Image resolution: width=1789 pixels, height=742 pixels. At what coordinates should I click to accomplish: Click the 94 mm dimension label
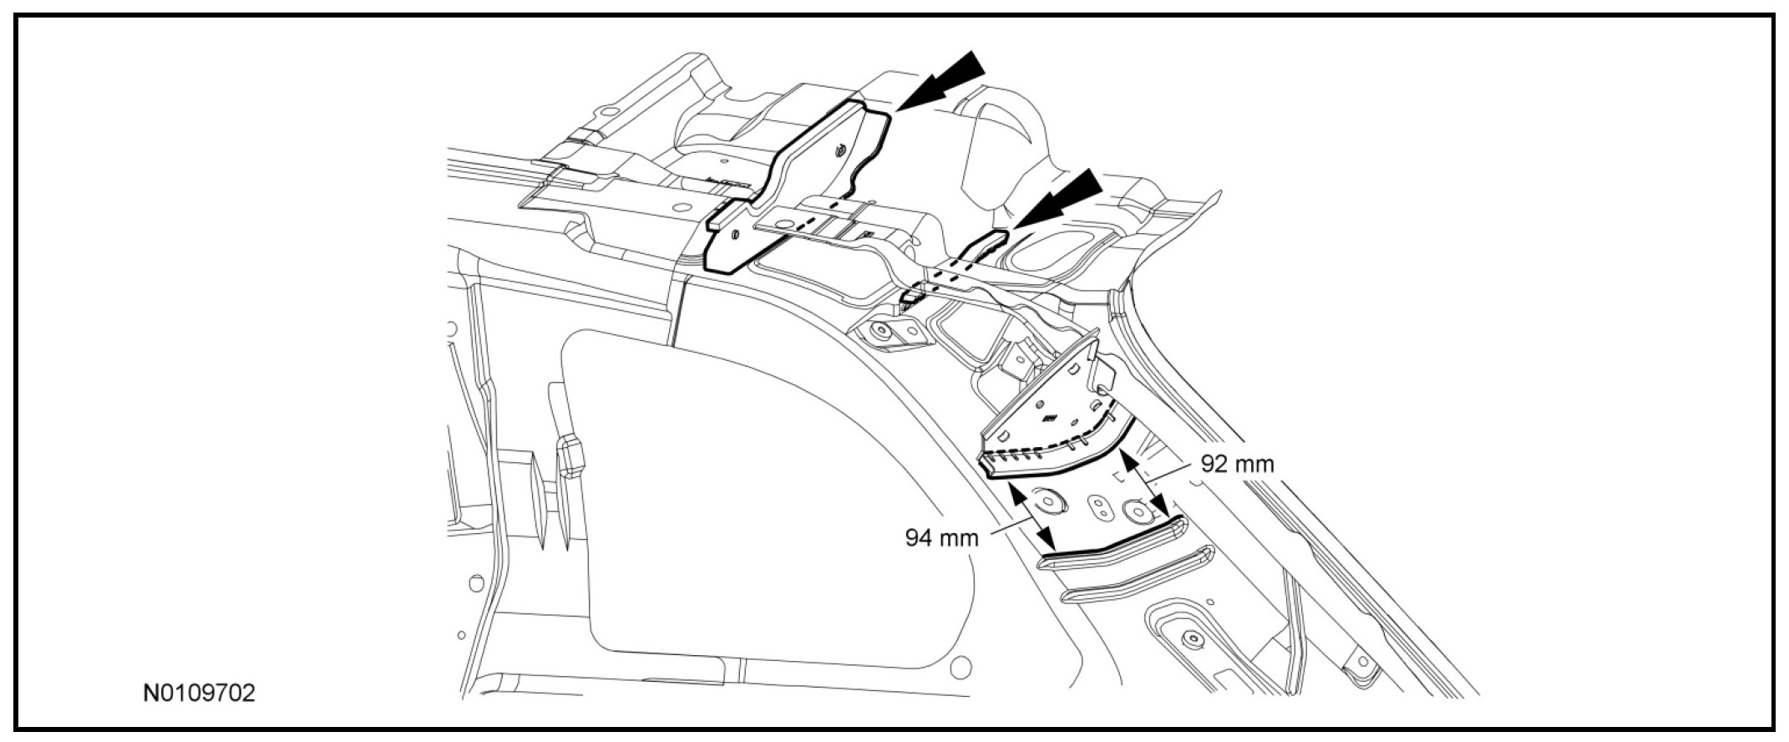941,536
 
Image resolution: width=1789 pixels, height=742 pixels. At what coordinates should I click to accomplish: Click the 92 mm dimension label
1237,464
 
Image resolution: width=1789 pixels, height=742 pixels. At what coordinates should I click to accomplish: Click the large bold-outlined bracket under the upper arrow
793,184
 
